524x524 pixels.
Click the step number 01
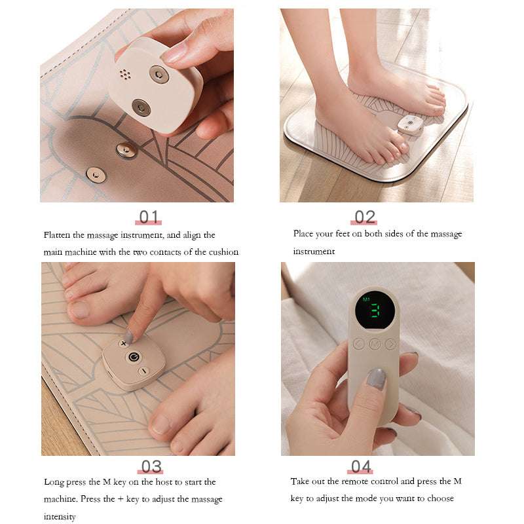[149, 217]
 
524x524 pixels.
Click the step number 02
[364, 217]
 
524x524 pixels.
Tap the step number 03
[151, 466]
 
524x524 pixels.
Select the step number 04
[361, 466]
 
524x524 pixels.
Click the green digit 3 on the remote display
[374, 311]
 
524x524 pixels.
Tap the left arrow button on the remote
[358, 343]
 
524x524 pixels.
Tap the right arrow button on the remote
[390, 343]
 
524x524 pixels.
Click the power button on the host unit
[134, 356]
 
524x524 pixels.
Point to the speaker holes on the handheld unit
[125, 75]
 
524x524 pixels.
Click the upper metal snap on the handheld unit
[159, 74]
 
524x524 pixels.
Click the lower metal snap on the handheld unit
[141, 107]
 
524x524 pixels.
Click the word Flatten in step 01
[56, 235]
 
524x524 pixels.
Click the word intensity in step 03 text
[60, 516]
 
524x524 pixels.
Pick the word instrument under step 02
[314, 251]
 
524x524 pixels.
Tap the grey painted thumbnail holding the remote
[377, 379]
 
